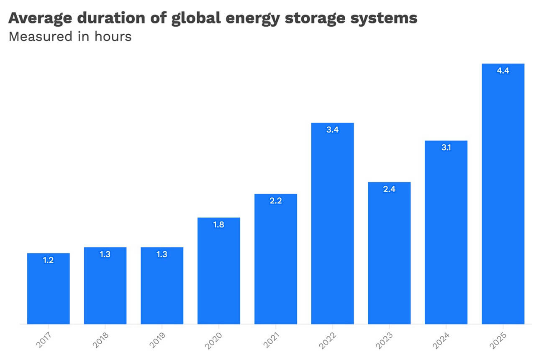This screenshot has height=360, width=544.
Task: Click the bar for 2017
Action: pyautogui.click(x=48, y=289)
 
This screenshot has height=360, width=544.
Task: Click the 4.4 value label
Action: pyautogui.click(x=503, y=71)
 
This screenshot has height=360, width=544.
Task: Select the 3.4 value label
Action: pyautogui.click(x=332, y=130)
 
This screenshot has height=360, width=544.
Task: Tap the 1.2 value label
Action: pyautogui.click(x=48, y=260)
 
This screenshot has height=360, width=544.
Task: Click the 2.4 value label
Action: pyautogui.click(x=389, y=189)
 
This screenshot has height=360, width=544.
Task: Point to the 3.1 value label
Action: pyautogui.click(x=446, y=148)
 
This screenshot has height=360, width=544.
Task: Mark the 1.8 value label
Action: pyautogui.click(x=218, y=225)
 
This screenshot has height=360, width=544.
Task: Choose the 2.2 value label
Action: pyautogui.click(x=275, y=201)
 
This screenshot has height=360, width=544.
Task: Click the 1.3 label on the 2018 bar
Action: pyautogui.click(x=105, y=254)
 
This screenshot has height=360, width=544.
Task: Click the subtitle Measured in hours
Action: pyautogui.click(x=70, y=36)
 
